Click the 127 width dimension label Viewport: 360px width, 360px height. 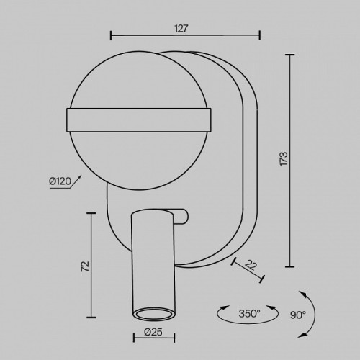click(x=181, y=29)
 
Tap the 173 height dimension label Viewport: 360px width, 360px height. click(x=284, y=158)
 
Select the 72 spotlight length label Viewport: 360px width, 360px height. click(x=85, y=266)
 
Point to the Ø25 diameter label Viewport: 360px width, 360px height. click(x=153, y=332)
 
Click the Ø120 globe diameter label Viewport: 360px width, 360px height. click(x=60, y=181)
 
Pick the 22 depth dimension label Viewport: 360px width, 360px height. click(x=251, y=265)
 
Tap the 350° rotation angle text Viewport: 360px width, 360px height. click(x=249, y=313)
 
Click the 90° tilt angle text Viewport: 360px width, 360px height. click(x=298, y=315)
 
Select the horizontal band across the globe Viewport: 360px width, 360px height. click(x=139, y=120)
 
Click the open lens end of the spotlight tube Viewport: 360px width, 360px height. click(x=154, y=314)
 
